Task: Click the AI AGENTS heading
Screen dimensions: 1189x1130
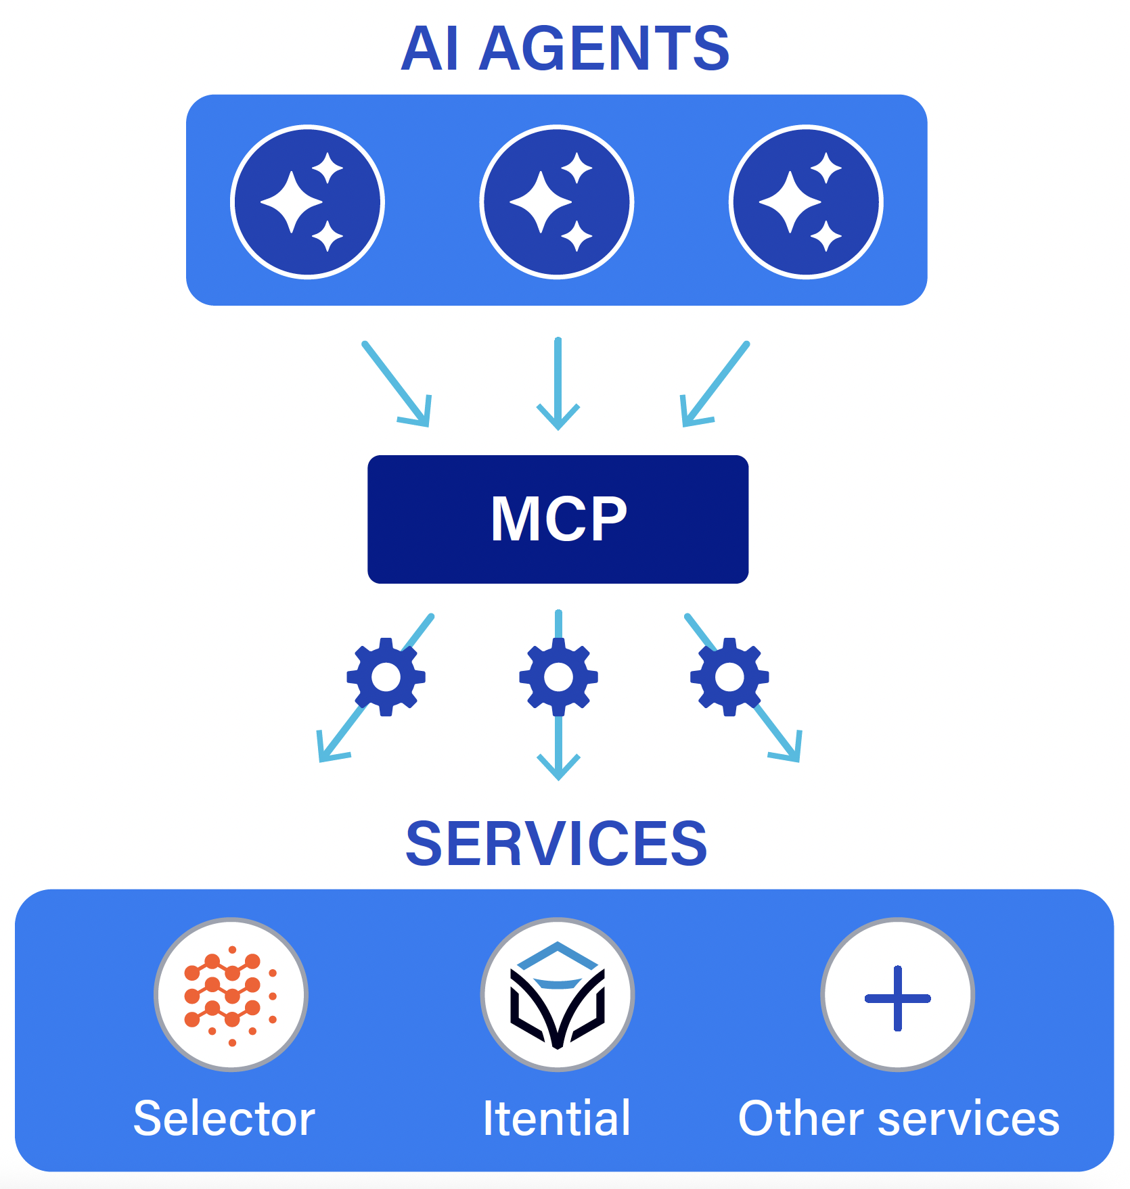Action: (565, 49)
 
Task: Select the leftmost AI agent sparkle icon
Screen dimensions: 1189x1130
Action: (307, 202)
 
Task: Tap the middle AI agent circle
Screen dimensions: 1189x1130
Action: (556, 202)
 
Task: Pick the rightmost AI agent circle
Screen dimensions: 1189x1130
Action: (806, 202)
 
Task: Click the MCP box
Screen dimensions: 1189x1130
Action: (558, 519)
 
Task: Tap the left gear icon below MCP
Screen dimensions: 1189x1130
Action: (386, 676)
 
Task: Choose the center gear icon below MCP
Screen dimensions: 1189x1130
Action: (558, 676)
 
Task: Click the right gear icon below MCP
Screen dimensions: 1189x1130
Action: (729, 676)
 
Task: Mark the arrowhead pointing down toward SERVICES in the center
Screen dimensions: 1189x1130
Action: (558, 768)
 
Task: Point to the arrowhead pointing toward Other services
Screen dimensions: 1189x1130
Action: (789, 749)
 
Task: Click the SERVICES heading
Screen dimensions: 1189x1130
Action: (556, 843)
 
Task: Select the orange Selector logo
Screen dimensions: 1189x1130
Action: (231, 995)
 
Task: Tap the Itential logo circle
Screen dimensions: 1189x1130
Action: (557, 995)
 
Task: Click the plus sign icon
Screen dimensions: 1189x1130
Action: (897, 998)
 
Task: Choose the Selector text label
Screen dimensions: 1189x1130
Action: (224, 1119)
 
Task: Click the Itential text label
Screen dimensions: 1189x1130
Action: (556, 1119)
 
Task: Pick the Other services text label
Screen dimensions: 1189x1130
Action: (899, 1119)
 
